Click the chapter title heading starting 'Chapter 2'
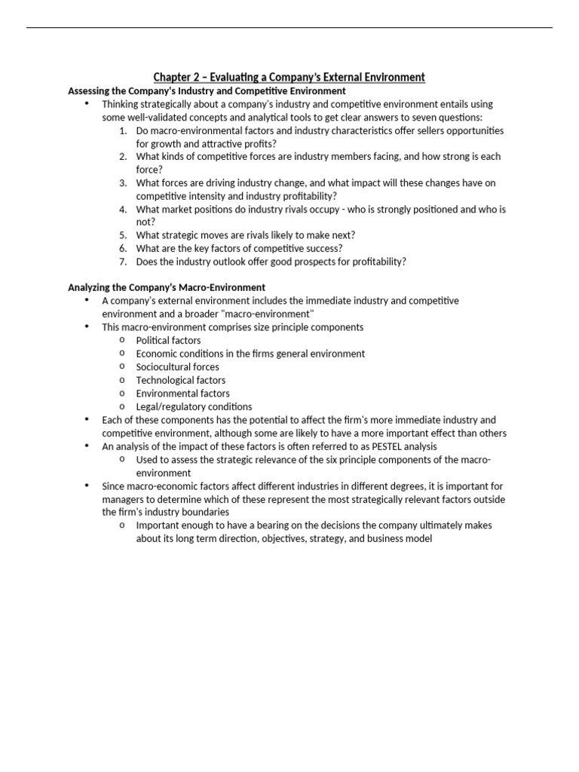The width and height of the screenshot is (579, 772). pos(289,77)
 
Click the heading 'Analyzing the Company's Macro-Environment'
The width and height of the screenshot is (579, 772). pos(167,287)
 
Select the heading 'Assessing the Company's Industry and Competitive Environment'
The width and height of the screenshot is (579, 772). pos(207,90)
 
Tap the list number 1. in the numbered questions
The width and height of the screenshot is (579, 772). pos(122,130)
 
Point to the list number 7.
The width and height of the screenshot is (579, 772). pos(122,262)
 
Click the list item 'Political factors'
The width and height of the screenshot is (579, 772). pos(168,340)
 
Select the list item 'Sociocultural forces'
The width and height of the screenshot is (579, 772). pos(177,366)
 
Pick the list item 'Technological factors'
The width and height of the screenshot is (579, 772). pos(180,380)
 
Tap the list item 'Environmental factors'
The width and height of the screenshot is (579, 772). pos(182,393)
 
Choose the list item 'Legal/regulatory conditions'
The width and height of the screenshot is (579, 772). pos(194,406)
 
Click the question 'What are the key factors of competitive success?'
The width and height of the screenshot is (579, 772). pos(240,248)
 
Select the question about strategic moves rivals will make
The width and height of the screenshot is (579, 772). pos(245,235)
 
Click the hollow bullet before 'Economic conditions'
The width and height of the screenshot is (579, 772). pos(121,353)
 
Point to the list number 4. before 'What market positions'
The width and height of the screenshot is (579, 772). pos(122,209)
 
